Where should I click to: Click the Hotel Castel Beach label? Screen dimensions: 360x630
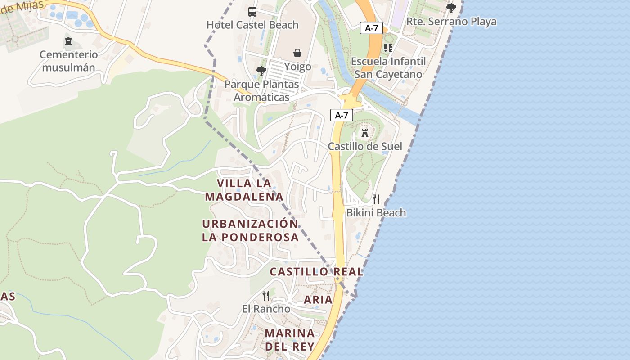click(252, 25)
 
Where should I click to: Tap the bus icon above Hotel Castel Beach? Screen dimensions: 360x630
click(252, 12)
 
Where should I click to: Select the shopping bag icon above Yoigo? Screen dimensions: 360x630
click(297, 54)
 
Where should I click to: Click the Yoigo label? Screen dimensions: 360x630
click(297, 67)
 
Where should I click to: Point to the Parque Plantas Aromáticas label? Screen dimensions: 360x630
click(261, 90)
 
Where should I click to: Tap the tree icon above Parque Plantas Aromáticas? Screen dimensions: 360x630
click(261, 71)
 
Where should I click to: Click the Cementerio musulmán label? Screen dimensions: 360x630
click(68, 61)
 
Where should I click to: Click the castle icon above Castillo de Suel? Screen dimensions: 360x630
click(365, 133)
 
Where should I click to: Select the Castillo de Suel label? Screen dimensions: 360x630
click(365, 146)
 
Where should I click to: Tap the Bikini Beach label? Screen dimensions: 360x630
click(376, 212)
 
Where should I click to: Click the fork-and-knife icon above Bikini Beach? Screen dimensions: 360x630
click(376, 199)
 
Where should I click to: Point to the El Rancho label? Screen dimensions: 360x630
click(266, 309)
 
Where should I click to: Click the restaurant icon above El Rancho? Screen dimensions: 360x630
click(266, 296)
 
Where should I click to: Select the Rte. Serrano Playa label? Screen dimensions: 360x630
click(451, 21)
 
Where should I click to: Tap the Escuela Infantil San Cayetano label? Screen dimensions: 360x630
click(388, 67)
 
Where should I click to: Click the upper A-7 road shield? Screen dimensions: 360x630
click(371, 28)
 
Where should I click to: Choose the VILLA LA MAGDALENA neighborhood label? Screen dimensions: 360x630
click(244, 189)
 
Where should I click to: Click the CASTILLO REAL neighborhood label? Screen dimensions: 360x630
click(316, 271)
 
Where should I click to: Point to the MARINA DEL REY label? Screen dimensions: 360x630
click(290, 340)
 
